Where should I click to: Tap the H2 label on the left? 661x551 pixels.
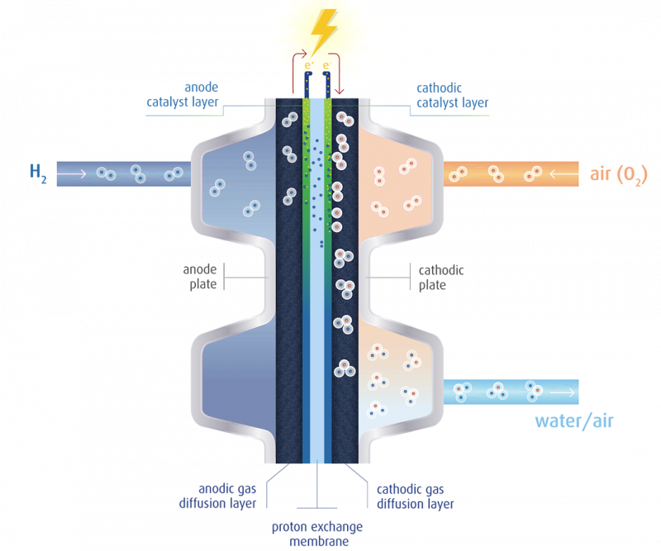tap(37, 173)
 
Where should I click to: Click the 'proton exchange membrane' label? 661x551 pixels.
tap(317, 533)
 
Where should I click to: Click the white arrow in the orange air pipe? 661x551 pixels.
tap(561, 174)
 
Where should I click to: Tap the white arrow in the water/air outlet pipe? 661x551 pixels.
tap(565, 391)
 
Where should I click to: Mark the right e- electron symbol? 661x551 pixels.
tap(328, 64)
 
